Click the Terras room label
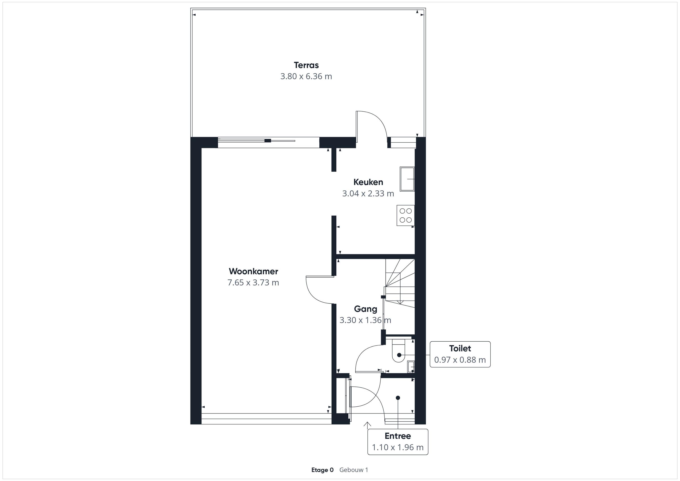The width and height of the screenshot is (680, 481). click(306, 65)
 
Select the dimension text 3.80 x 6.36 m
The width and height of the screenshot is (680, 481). click(306, 76)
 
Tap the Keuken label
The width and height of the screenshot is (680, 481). click(368, 182)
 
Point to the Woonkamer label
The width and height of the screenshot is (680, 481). click(253, 271)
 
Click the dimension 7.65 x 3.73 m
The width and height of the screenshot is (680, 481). click(253, 283)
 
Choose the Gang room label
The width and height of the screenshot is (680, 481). click(365, 309)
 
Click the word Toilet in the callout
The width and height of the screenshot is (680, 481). click(460, 348)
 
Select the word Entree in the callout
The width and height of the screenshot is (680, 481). click(398, 436)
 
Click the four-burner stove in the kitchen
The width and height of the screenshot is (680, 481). click(406, 216)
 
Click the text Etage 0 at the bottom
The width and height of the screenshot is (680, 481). click(323, 470)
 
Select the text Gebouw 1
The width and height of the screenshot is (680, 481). click(354, 470)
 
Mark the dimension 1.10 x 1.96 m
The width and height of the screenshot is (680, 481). click(398, 447)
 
